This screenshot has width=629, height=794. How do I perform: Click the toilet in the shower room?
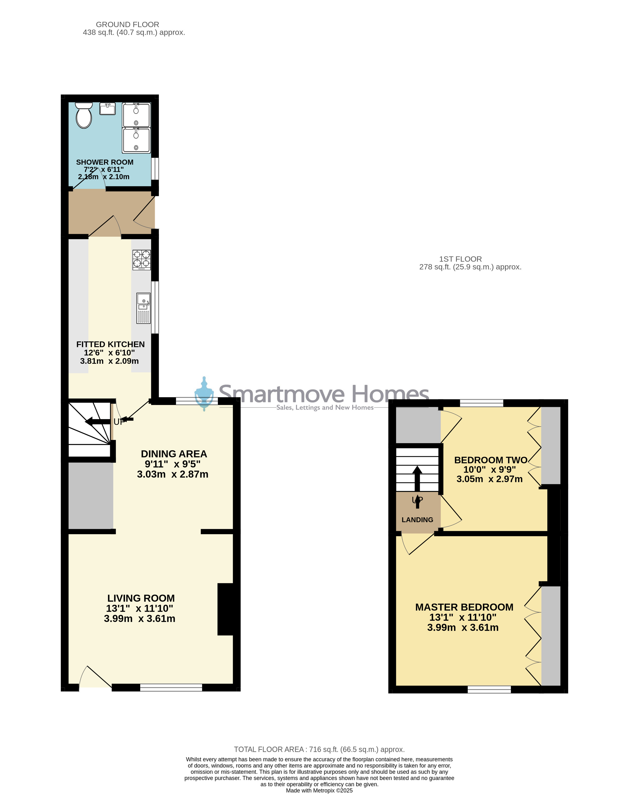point(84,115)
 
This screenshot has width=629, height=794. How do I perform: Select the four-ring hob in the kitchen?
point(142,260)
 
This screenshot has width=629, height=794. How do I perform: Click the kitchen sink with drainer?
point(143,308)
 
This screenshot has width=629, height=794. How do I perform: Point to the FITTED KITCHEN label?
point(110,344)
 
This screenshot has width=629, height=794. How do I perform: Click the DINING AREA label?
point(174,454)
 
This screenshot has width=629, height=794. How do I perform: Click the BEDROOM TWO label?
point(491,460)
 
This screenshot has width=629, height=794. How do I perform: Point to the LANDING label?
point(417,520)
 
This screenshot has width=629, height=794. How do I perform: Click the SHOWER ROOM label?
point(105,162)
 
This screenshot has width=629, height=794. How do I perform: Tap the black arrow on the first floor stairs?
point(417,487)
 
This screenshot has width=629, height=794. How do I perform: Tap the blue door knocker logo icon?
point(204,393)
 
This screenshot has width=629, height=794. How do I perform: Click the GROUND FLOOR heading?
point(127,24)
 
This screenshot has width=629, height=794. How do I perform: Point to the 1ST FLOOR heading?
point(460,259)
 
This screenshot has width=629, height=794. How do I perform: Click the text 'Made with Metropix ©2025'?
point(319,790)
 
